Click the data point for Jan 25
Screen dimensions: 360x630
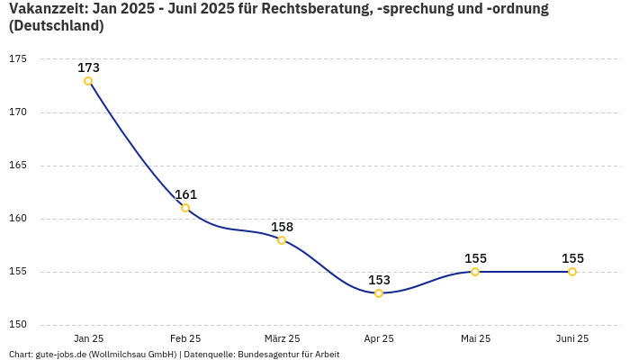[88, 81]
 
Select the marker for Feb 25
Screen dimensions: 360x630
[185, 208]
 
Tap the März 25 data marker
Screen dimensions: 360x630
[282, 240]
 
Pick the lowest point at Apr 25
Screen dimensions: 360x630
[379, 293]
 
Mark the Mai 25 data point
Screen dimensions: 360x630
[475, 272]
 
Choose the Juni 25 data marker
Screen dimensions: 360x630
[572, 272]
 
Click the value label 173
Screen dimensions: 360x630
[88, 67]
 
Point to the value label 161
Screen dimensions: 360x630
[185, 194]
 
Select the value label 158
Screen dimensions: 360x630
[282, 227]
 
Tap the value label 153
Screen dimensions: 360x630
[379, 280]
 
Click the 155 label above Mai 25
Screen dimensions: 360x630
[475, 258]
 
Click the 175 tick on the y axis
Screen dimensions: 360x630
[18, 59]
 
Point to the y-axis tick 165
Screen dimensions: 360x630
[18, 166]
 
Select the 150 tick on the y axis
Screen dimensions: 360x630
[18, 325]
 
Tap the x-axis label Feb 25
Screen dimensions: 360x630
[185, 338]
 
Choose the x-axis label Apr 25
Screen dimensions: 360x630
[379, 338]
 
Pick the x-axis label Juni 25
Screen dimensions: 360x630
[572, 338]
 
